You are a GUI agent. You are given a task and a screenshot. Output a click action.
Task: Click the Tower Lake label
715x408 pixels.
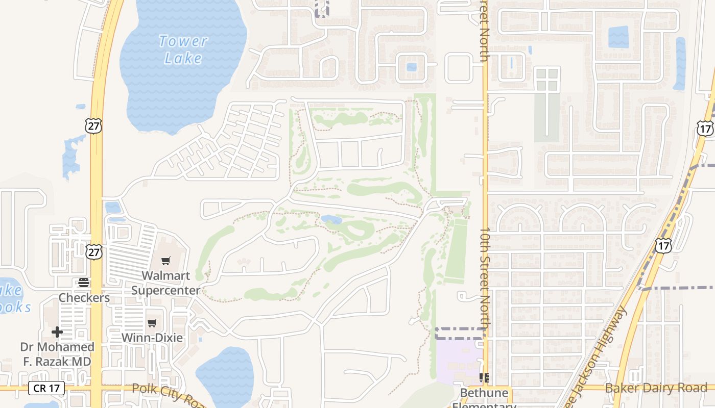tap(183, 49)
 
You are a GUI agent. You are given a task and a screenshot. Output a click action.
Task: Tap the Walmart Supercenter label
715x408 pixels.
tap(166, 283)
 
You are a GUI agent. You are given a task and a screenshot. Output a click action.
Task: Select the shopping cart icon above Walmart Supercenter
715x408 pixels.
tap(165, 261)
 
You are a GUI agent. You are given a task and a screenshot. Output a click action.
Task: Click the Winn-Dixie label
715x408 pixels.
tap(152, 338)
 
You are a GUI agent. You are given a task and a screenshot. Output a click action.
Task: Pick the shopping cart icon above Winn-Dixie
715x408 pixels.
tap(152, 323)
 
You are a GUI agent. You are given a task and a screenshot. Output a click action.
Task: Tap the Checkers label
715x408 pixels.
tap(84, 297)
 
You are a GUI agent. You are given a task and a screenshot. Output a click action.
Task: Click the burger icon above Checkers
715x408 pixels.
tap(84, 283)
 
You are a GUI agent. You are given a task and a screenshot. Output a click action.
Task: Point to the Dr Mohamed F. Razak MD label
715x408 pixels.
tap(57, 354)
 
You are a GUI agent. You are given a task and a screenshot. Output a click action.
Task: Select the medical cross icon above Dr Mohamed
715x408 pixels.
tap(57, 333)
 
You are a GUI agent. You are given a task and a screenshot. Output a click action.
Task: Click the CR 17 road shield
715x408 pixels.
tap(47, 388)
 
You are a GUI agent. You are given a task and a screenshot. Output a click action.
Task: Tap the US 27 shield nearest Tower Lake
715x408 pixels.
tap(93, 126)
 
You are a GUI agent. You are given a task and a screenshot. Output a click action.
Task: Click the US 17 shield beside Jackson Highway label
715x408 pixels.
tap(663, 246)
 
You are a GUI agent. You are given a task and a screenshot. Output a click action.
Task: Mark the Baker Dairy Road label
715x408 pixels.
tap(656, 388)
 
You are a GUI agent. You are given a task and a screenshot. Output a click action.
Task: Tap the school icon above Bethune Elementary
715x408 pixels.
tap(484, 378)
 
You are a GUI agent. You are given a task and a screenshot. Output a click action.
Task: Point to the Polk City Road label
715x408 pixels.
tap(169, 394)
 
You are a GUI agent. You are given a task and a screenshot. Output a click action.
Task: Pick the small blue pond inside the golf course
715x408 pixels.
tap(331, 219)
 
